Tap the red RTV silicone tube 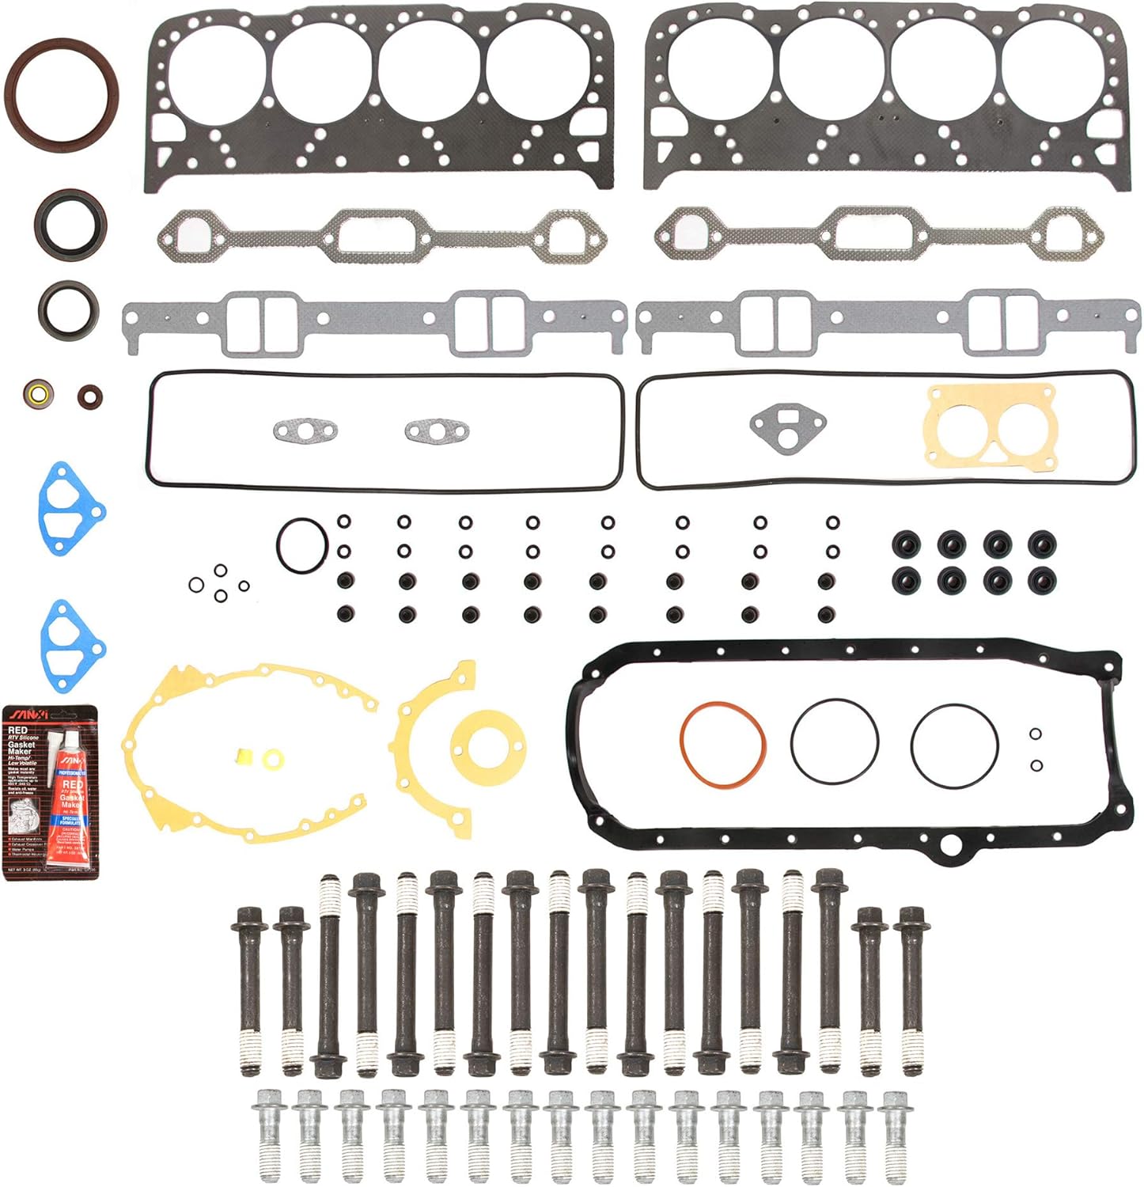click(71, 807)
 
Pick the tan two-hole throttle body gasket click(991, 426)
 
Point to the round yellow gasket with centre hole click(487, 744)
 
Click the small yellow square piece click(248, 757)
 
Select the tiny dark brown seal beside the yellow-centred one click(89, 395)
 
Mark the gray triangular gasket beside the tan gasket click(786, 427)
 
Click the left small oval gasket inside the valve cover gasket click(305, 431)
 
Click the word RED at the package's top click(17, 730)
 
